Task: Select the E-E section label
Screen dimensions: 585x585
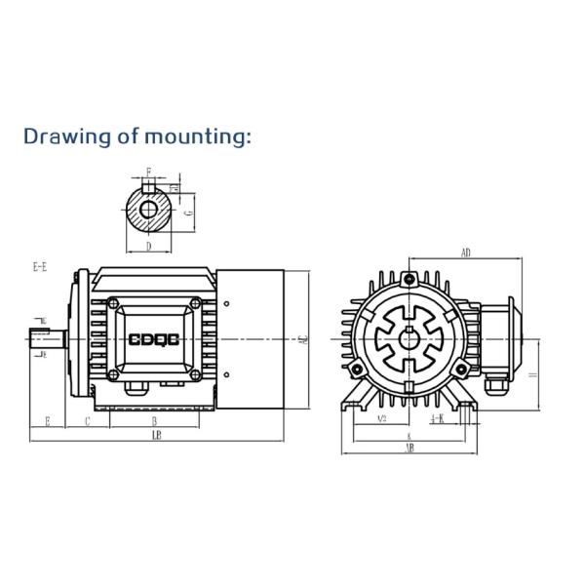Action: coord(40,266)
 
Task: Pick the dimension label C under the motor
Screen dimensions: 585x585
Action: coord(88,421)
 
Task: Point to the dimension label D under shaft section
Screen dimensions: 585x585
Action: coord(148,247)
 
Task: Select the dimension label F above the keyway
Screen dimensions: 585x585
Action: coord(148,172)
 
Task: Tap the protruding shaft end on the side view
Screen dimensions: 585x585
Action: coord(48,339)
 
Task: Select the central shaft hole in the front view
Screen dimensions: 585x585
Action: coord(409,339)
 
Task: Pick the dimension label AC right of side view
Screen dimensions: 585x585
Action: coord(303,339)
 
